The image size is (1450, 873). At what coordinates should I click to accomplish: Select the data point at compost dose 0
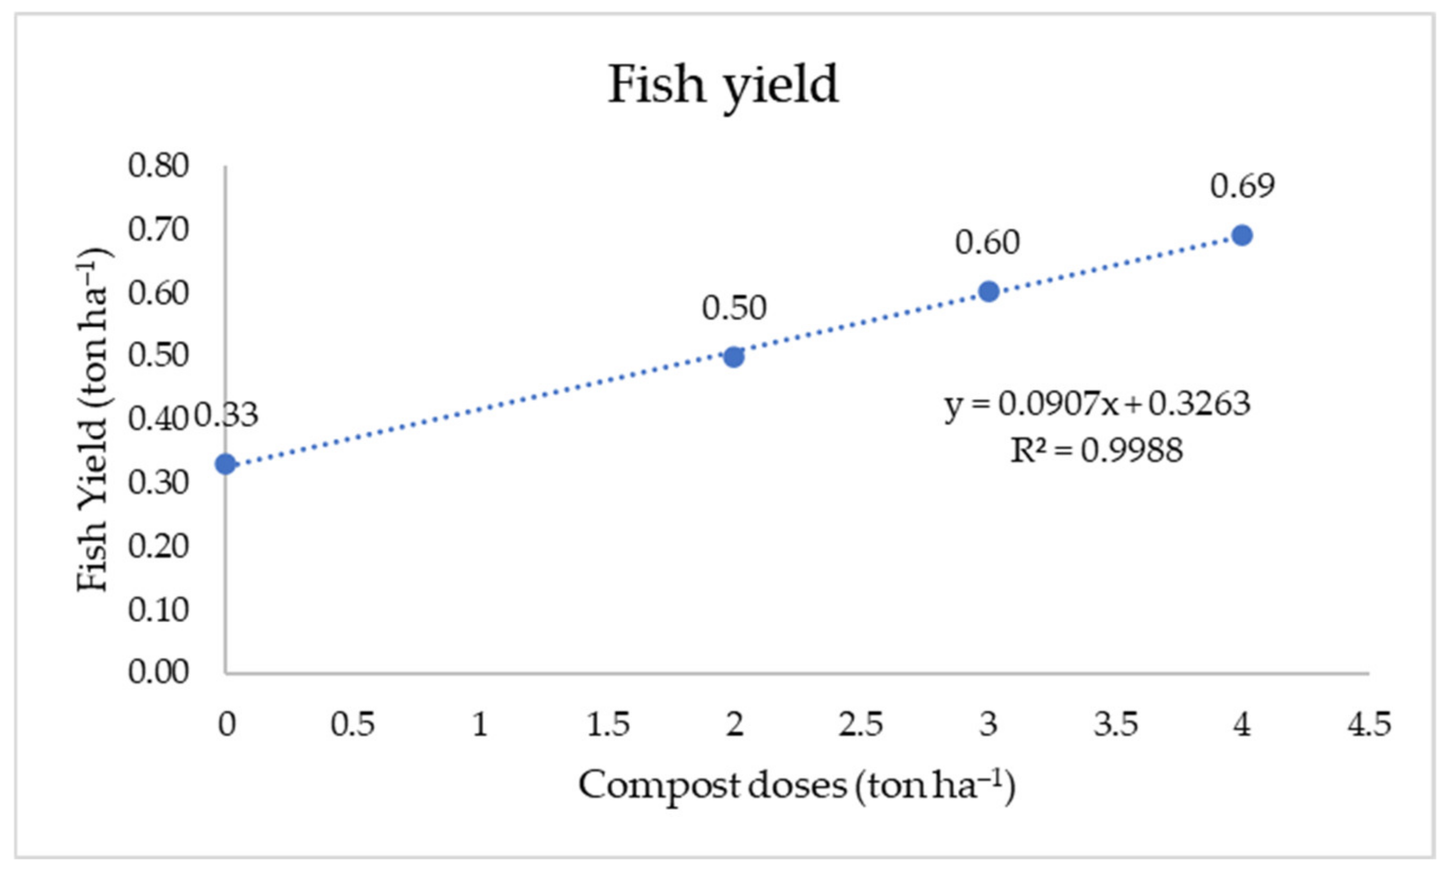point(225,464)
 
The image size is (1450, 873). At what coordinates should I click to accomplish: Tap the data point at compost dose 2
point(733,357)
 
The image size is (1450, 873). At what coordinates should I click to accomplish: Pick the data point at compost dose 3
point(988,291)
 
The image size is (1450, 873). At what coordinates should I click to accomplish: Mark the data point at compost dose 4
point(1242,235)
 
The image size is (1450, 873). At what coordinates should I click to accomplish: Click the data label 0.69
point(1242,186)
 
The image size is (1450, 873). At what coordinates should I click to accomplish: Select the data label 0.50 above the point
point(734,308)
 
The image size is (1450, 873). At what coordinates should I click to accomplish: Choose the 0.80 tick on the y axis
point(158,166)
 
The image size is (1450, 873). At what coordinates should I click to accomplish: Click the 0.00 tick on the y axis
point(158,672)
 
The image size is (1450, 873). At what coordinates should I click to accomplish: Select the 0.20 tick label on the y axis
point(158,546)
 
